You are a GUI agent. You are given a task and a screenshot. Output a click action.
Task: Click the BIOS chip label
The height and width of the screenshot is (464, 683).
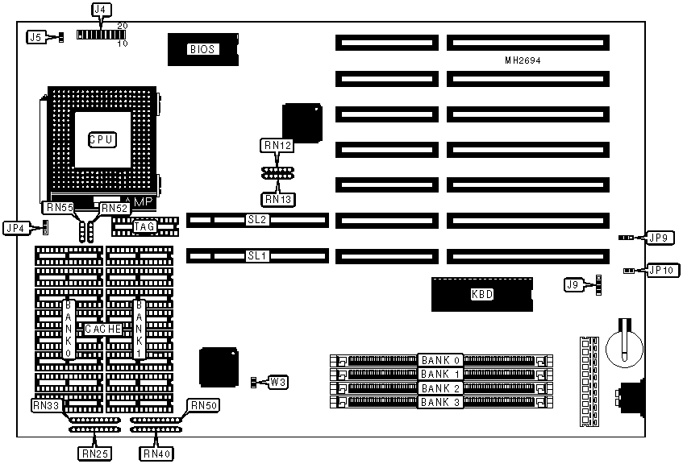(x=202, y=49)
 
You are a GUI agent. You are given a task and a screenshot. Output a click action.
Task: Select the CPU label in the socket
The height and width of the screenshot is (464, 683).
(x=102, y=139)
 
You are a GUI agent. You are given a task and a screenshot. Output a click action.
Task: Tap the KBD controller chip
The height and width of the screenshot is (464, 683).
(x=481, y=294)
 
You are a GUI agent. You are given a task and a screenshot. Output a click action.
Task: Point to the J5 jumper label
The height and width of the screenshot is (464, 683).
(x=36, y=37)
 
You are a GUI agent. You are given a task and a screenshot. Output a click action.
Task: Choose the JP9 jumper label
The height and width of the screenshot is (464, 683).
(x=659, y=238)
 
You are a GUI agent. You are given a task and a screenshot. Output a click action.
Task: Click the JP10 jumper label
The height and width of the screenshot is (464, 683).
(x=659, y=270)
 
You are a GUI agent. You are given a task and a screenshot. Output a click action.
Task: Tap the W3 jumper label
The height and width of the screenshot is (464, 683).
(x=276, y=380)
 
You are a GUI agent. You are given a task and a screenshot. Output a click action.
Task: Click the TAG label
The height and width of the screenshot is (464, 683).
(x=144, y=227)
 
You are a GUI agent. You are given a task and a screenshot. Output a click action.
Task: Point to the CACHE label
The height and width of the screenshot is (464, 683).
(x=103, y=329)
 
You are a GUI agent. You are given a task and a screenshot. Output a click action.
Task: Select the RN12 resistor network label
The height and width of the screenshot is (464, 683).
(x=277, y=146)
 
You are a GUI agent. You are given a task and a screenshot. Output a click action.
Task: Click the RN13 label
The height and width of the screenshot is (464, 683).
(x=277, y=198)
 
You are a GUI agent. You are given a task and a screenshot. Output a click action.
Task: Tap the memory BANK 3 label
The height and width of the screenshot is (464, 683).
(x=439, y=402)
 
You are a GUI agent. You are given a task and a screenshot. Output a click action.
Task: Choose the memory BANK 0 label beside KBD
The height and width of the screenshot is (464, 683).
(x=439, y=359)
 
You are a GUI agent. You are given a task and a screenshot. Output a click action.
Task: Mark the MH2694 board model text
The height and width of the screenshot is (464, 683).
(x=525, y=61)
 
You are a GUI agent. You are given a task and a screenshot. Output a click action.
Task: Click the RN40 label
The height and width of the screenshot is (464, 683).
(x=156, y=454)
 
